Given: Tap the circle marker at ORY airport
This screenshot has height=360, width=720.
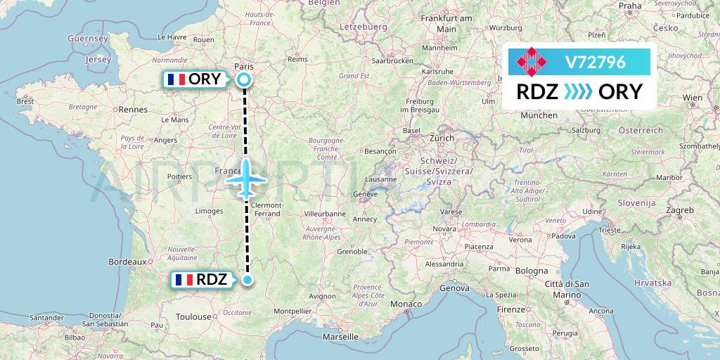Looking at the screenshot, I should (244, 79).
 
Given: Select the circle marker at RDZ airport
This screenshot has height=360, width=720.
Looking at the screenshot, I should (247, 281).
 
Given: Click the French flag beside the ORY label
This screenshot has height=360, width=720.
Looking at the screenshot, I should (176, 79).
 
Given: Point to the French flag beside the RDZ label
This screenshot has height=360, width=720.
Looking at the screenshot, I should (184, 280).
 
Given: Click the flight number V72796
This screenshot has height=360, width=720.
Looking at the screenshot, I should (595, 62).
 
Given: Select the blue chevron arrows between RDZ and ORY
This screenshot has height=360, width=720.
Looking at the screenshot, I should (579, 92).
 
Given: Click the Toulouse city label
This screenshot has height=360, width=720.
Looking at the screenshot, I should (193, 316).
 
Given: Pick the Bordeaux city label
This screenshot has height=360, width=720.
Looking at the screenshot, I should (127, 262).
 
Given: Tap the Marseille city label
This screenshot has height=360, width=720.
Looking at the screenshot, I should (340, 337).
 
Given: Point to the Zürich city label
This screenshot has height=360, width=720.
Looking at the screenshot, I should (442, 139).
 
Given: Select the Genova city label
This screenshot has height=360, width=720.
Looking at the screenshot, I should (454, 288).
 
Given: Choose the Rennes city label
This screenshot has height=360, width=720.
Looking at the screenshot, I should (133, 109).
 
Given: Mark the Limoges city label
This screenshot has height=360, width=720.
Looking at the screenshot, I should (210, 211).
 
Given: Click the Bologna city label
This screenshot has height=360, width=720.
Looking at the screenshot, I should (532, 270).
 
